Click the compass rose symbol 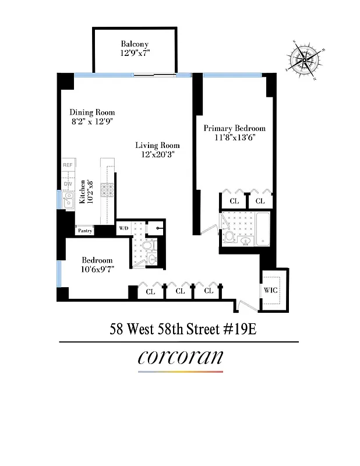[x=305, y=59]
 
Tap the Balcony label [x=135, y=44]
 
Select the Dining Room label [x=92, y=112]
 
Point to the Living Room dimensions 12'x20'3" [x=157, y=155]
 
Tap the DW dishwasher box [x=68, y=185]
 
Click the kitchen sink [x=68, y=202]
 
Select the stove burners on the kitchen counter [x=108, y=189]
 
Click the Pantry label [x=85, y=231]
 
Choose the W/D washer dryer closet [x=123, y=228]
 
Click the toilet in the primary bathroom [x=229, y=237]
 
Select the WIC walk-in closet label [x=270, y=290]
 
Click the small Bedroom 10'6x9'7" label [x=97, y=265]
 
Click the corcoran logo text [x=180, y=356]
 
